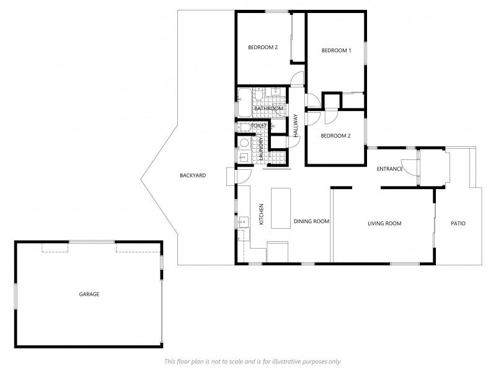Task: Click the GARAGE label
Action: pos(89,294)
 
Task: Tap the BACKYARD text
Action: pos(193,175)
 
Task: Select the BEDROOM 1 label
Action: pos(336,50)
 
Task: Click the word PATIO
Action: pos(458,223)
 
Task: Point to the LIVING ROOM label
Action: pos(384,223)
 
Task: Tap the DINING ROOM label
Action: pos(311,221)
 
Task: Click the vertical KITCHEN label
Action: pos(261,214)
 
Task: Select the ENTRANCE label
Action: pos(390,169)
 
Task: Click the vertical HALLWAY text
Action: pos(296,126)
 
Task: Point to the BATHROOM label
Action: pos(268,108)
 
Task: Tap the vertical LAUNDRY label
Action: pos(261,148)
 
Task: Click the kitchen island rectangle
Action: pos(281,208)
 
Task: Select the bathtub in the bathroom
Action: pos(244,102)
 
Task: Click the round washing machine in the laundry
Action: pos(244,143)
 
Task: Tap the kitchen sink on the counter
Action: pos(243,222)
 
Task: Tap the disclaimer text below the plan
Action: pos(253,361)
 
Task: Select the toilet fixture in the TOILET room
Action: pos(242,127)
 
